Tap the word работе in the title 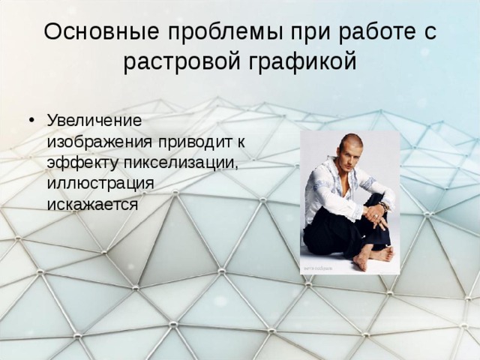[x=370, y=31]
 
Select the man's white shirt [x=330, y=191]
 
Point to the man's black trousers [x=337, y=232]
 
